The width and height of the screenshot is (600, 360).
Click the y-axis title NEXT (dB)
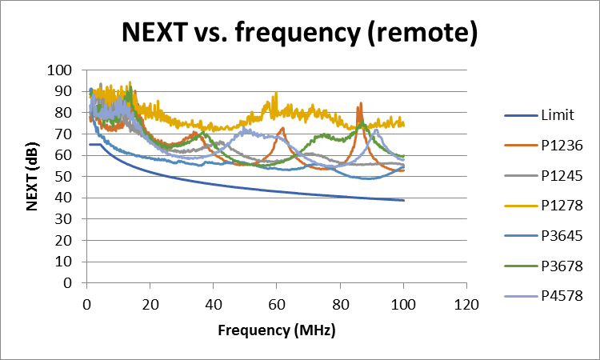coord(33,176)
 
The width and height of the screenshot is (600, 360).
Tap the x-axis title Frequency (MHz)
coord(276,330)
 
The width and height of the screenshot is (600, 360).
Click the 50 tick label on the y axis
coord(65,176)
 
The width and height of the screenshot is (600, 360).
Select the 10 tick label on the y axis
coord(65,261)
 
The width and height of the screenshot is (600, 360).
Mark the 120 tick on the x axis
coord(466,304)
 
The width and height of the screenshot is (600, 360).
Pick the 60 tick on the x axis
coord(276,304)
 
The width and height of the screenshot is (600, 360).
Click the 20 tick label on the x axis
coord(150,304)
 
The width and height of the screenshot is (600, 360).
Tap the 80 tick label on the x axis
coord(339,304)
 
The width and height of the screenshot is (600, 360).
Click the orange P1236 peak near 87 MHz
coord(361,103)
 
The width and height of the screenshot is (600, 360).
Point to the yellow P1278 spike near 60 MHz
coord(275,94)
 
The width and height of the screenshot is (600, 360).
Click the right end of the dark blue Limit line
coord(403,200)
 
